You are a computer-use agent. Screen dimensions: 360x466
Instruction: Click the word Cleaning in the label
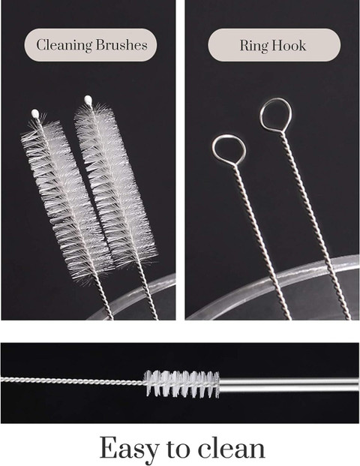click(x=64, y=45)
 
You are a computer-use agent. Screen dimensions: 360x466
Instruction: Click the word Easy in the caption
click(x=128, y=449)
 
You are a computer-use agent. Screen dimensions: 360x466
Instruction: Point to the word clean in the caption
click(x=232, y=447)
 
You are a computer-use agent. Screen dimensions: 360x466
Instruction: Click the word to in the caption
click(x=178, y=449)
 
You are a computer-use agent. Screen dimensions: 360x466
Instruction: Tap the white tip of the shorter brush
click(x=35, y=113)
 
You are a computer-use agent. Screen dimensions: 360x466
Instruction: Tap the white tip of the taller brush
click(x=88, y=100)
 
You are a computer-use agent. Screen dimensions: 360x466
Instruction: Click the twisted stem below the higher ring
click(x=315, y=226)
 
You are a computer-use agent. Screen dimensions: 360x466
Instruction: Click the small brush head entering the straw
click(x=181, y=384)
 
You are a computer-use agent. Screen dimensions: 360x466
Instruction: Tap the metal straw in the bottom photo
click(x=289, y=384)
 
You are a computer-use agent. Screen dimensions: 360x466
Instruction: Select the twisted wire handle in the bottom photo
click(x=73, y=380)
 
